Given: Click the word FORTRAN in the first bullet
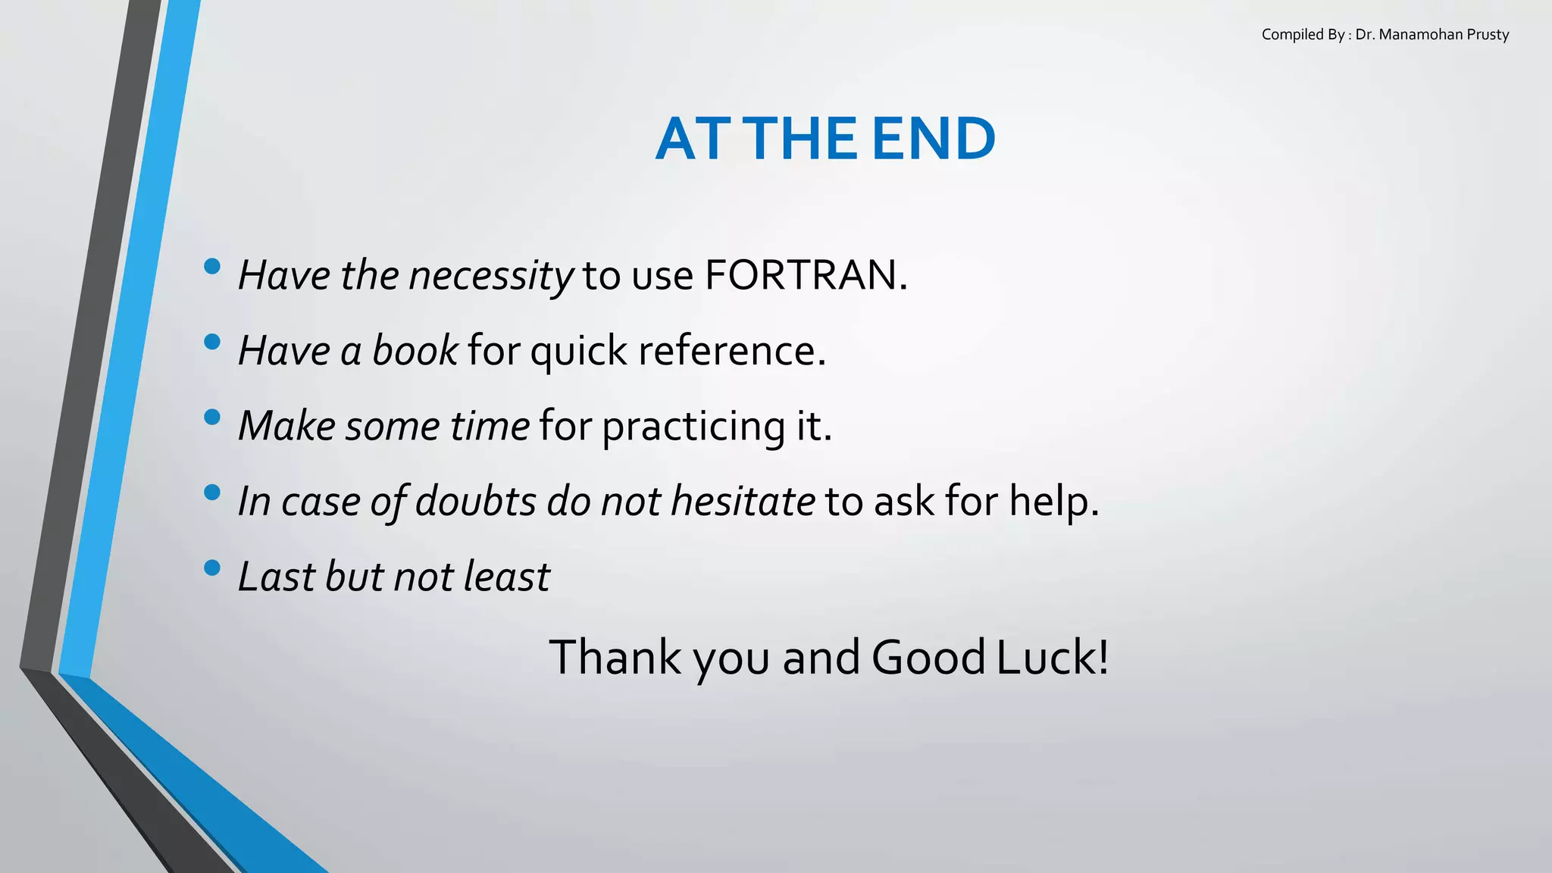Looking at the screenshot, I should (805, 275).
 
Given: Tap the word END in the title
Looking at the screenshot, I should (933, 139).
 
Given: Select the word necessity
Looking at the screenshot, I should (491, 276).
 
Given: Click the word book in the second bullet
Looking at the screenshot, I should (415, 351).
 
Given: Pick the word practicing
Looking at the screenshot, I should (693, 427).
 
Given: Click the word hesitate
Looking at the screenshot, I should (743, 502).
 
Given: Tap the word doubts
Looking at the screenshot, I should (476, 502).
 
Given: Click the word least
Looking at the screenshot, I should (506, 577).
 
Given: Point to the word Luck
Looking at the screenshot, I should (1052, 657).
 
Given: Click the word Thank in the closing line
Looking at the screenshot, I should (615, 657).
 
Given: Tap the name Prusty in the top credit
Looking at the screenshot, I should (1488, 35).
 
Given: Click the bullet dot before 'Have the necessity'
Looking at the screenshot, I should (212, 266).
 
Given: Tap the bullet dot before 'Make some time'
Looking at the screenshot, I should (212, 417).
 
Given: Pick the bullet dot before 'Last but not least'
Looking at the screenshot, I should (212, 568).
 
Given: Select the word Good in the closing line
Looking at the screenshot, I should (928, 657).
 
